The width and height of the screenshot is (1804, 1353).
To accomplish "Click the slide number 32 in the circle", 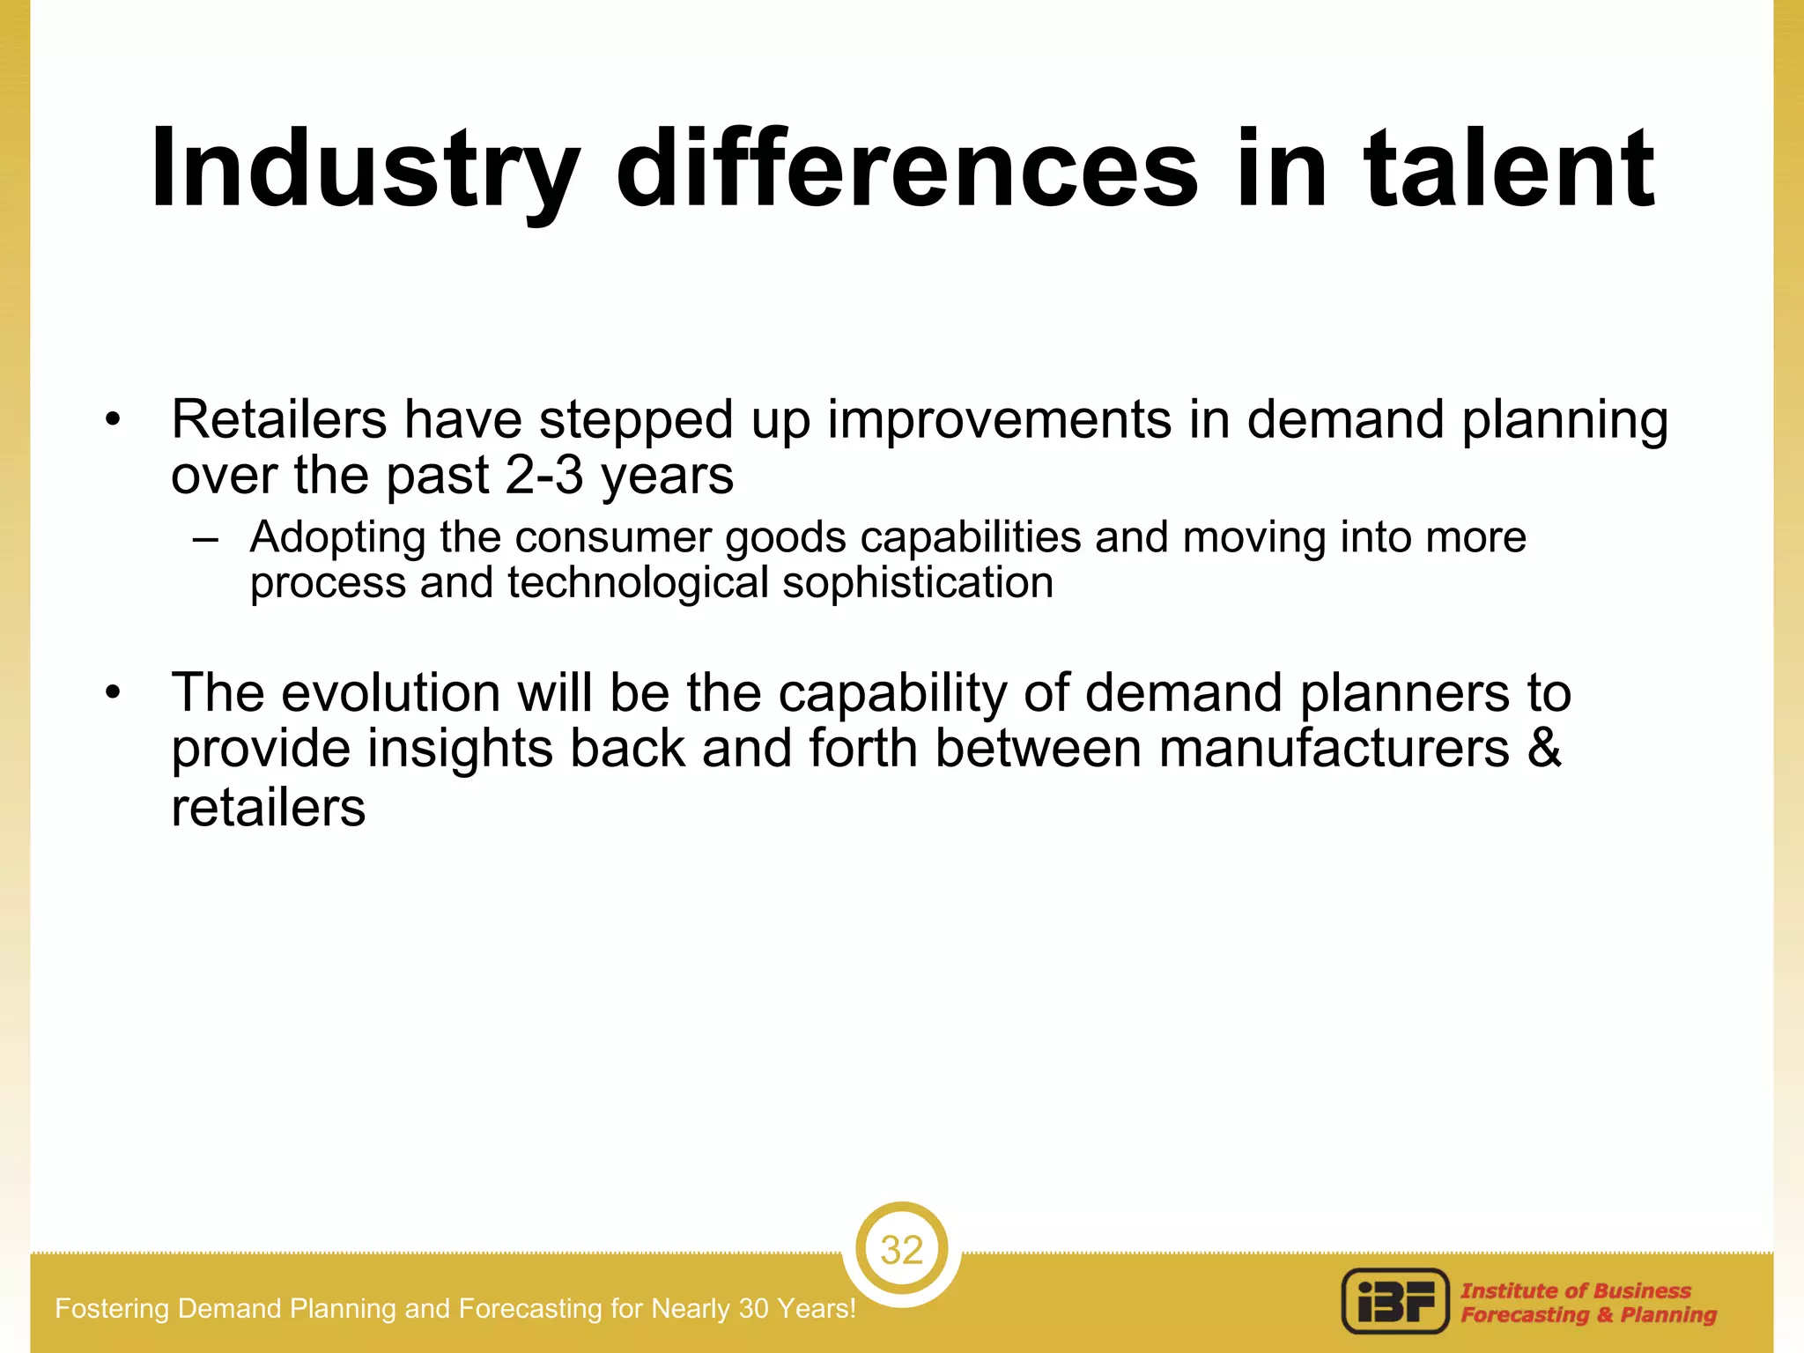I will click(x=901, y=1250).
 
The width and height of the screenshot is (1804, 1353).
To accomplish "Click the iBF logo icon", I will click(x=1395, y=1301).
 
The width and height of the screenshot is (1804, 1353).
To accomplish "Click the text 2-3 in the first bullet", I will click(x=544, y=476).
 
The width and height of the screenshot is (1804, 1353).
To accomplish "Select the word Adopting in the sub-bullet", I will click(x=337, y=537).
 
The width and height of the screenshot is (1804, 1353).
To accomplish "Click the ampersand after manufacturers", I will click(x=1544, y=748).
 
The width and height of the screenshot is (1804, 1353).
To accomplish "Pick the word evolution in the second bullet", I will click(x=390, y=692).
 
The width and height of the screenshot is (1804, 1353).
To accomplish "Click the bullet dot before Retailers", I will click(x=111, y=419).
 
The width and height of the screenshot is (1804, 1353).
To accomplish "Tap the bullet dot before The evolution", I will click(x=111, y=693).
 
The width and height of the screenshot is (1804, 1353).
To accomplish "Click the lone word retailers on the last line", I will click(x=268, y=808).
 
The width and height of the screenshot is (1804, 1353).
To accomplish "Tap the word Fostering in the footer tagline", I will click(x=112, y=1308).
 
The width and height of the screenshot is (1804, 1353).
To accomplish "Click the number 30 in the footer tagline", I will click(x=754, y=1308).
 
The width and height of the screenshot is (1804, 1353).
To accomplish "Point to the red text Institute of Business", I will click(x=1575, y=1290).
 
